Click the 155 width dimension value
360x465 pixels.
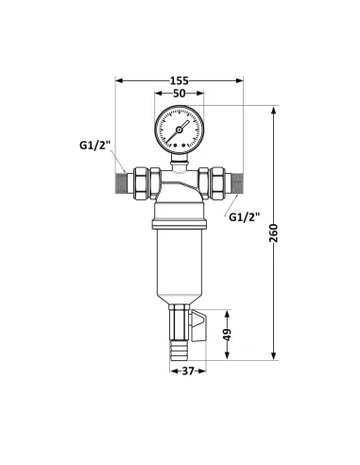pos(180,80)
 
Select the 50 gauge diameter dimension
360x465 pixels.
pos(179,95)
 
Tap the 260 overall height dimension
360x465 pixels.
pos(284,233)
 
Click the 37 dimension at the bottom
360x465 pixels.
pos(188,371)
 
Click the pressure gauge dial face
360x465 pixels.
pos(179,129)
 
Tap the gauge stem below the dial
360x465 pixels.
pos(179,161)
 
